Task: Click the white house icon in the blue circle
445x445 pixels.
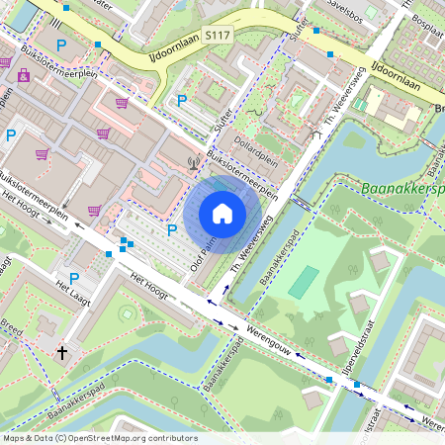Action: click(222, 214)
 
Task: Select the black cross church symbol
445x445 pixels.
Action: click(62, 351)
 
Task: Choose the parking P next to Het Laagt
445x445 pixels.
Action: click(74, 279)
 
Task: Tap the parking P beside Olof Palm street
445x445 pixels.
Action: click(172, 230)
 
